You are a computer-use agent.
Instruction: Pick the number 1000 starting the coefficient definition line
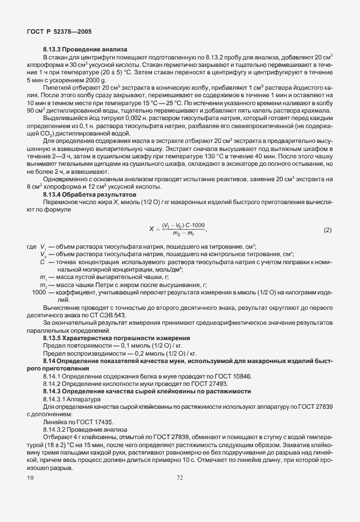click(x=39, y=293)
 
